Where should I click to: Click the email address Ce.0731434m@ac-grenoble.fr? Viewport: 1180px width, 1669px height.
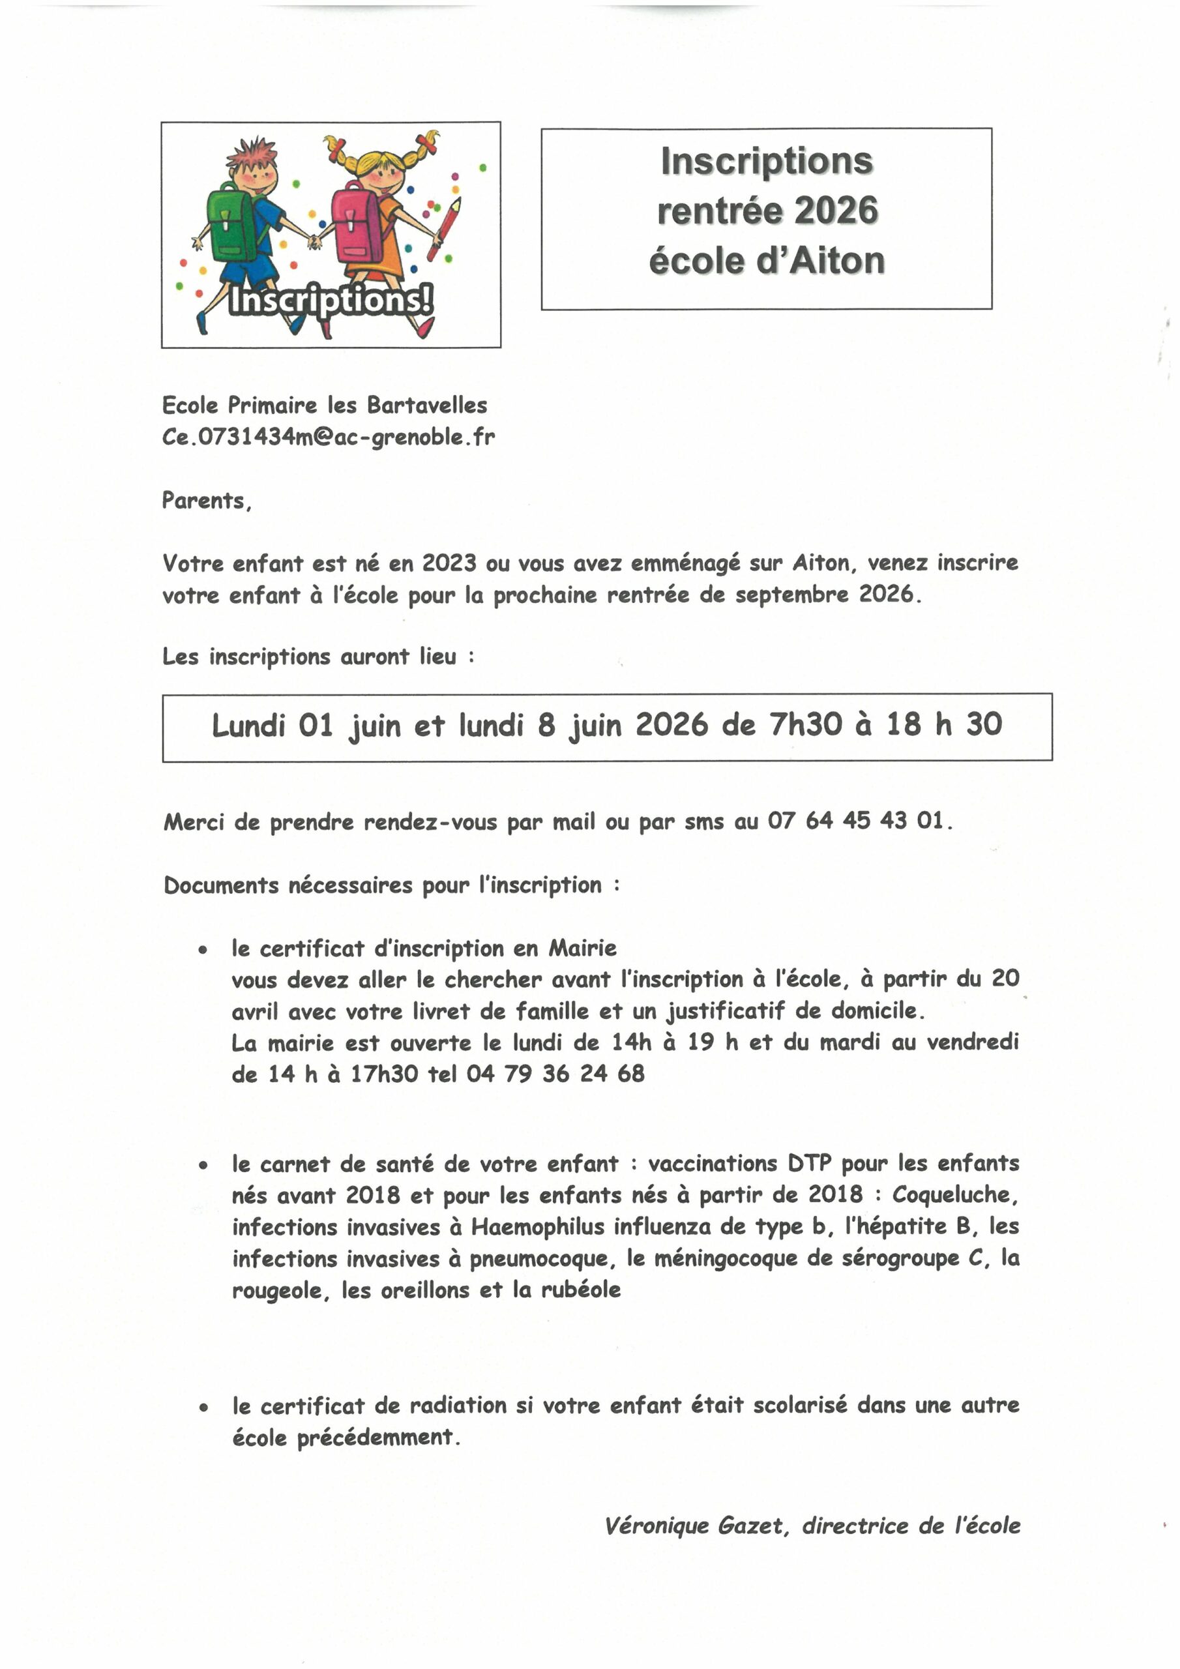pyautogui.click(x=328, y=437)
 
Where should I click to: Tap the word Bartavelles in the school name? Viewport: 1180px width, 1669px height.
pyautogui.click(x=427, y=405)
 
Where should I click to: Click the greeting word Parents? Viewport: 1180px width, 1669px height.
pyautogui.click(x=206, y=501)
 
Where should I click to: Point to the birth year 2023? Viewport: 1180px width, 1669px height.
pyautogui.click(x=449, y=563)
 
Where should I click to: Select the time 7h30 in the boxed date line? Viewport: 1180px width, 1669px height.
pyautogui.click(x=806, y=725)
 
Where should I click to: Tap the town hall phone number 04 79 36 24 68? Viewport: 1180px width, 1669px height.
pyautogui.click(x=555, y=1074)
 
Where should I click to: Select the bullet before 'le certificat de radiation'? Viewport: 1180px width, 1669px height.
pyautogui.click(x=203, y=1408)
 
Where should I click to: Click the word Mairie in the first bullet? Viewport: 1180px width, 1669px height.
pyautogui.click(x=582, y=949)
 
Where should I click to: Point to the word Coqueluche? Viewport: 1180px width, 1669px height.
pyautogui.click(x=954, y=1195)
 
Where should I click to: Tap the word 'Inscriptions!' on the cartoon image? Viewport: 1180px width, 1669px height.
pyautogui.click(x=331, y=300)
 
